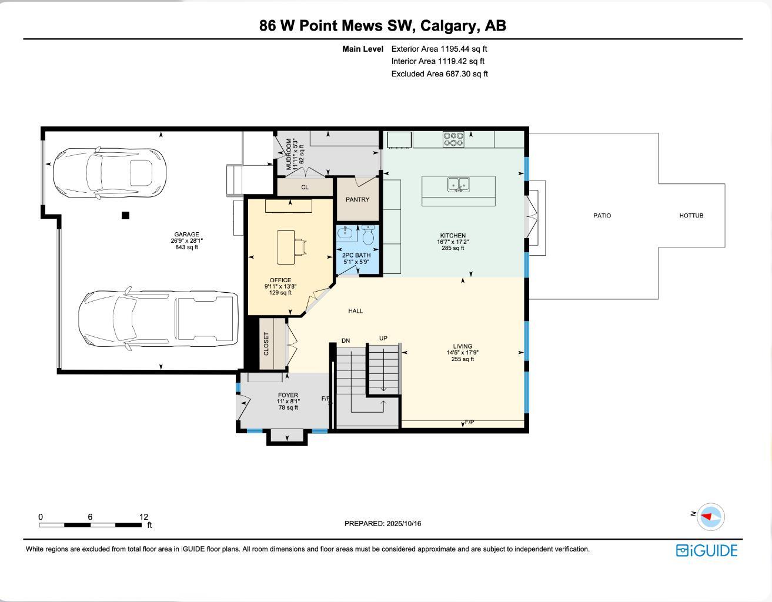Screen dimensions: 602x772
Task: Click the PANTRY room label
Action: point(357,199)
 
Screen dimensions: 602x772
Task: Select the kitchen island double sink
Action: point(459,185)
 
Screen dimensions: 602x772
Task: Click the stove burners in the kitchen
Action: point(453,139)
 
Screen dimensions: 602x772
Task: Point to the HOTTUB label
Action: point(691,216)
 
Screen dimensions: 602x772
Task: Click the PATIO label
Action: point(601,216)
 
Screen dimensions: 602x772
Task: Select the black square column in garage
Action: point(125,216)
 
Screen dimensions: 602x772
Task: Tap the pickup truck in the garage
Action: point(158,319)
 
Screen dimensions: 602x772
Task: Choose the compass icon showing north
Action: point(710,517)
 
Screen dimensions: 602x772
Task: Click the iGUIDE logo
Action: point(706,550)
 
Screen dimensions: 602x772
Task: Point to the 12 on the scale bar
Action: point(143,517)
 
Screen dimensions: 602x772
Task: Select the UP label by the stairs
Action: point(383,338)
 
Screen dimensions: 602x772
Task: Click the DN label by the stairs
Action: point(346,340)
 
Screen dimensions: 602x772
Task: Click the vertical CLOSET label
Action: point(266,344)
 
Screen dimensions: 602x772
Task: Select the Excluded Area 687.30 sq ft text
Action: point(439,74)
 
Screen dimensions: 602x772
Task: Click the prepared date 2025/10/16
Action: point(403,523)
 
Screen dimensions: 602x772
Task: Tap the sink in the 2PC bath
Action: point(345,233)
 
